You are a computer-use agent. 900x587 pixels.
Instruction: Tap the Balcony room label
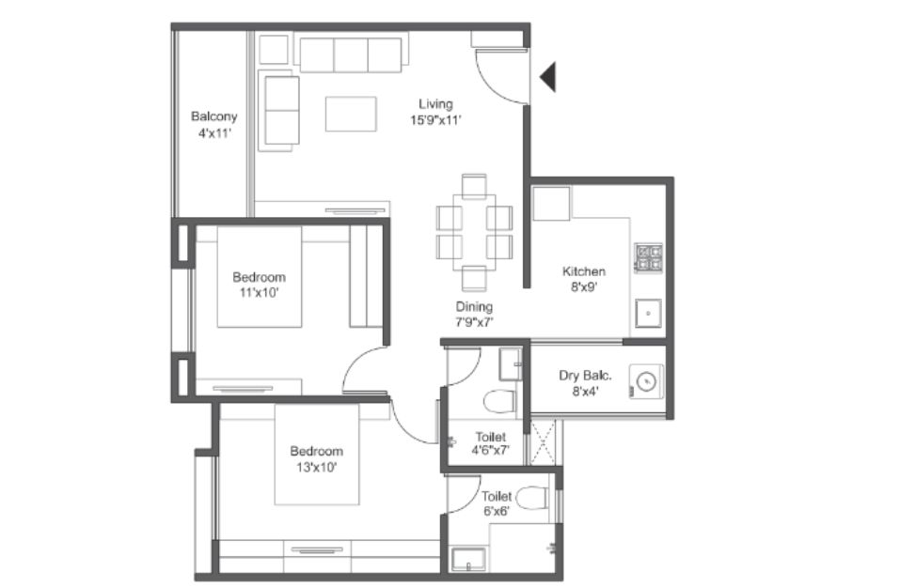[214, 116]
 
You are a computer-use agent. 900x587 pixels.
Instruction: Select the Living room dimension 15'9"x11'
[435, 120]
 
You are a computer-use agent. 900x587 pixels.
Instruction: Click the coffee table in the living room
[352, 114]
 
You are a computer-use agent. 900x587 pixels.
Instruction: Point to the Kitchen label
[584, 271]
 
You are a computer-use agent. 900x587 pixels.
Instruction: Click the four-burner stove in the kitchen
[649, 257]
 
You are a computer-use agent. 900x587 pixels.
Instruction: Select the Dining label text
[474, 307]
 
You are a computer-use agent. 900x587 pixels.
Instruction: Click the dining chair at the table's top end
[474, 186]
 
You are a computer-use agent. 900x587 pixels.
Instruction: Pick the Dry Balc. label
[586, 376]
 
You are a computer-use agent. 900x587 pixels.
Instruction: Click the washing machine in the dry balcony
[647, 381]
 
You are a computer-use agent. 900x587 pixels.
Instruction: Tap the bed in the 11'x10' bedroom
[260, 277]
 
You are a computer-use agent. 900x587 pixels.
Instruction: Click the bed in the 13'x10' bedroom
[317, 455]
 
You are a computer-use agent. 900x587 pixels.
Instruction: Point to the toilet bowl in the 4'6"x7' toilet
[500, 401]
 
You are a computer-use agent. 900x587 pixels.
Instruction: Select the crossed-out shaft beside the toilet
[543, 442]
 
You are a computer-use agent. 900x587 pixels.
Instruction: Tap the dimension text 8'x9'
[585, 286]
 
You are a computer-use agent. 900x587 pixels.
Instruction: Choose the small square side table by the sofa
[274, 49]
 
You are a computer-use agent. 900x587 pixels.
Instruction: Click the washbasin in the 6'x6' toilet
[468, 560]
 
